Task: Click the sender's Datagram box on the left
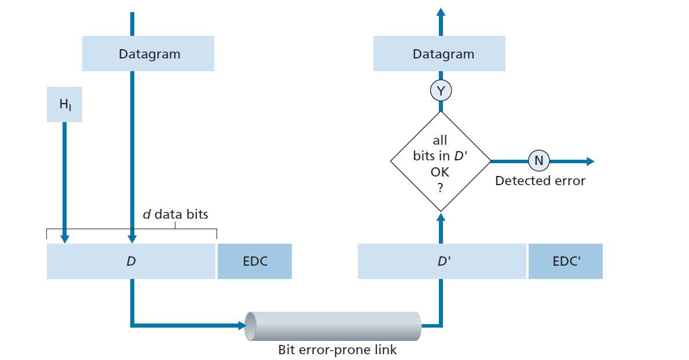pyautogui.click(x=148, y=54)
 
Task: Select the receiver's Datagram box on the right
pyautogui.click(x=439, y=54)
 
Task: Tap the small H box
pyautogui.click(x=64, y=105)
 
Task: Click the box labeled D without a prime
pyautogui.click(x=131, y=261)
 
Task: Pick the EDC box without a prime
pyautogui.click(x=255, y=261)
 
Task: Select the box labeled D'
pyautogui.click(x=442, y=261)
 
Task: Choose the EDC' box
pyautogui.click(x=566, y=261)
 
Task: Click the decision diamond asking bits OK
pyautogui.click(x=441, y=161)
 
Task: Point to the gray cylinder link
pyautogui.click(x=333, y=326)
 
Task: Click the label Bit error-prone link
pyautogui.click(x=338, y=350)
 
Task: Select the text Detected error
pyautogui.click(x=540, y=181)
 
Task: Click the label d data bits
pyautogui.click(x=175, y=214)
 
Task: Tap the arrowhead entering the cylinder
pyautogui.click(x=241, y=325)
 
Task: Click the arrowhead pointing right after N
pyautogui.click(x=589, y=161)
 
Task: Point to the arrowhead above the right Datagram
pyautogui.click(x=441, y=12)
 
